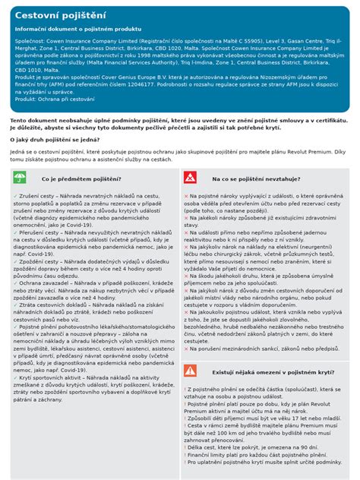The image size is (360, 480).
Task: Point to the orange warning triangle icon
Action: tap(190, 371)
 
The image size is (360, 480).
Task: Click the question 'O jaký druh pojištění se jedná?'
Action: tap(58, 140)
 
